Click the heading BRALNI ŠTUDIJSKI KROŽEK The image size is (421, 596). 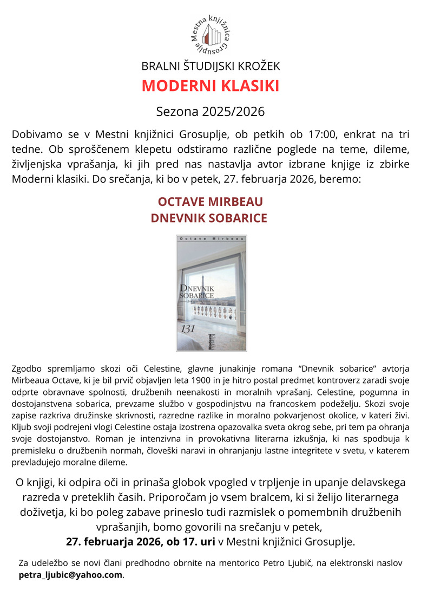[210, 67]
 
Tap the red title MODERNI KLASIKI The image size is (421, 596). [210, 86]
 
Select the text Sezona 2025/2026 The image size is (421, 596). [210, 112]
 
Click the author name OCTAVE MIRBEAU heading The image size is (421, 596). [210, 202]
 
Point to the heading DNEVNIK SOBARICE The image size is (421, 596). [210, 218]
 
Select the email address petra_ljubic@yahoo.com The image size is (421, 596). [71, 575]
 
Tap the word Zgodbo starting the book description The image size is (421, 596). [25, 369]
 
